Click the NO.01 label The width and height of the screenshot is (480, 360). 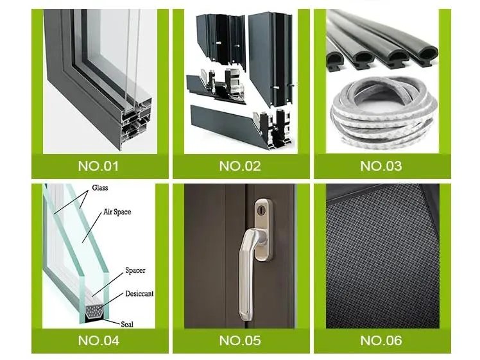98,166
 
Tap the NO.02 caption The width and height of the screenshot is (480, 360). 240,166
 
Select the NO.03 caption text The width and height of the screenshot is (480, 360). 381,166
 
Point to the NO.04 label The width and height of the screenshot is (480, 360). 99,340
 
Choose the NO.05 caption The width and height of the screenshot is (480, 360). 240,340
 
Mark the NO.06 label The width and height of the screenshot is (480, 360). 381,340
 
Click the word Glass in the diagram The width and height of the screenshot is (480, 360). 100,187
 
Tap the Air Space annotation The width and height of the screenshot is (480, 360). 117,212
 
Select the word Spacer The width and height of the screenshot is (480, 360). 135,270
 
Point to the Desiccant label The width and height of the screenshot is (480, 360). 139,294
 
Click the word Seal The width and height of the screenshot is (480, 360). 127,324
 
